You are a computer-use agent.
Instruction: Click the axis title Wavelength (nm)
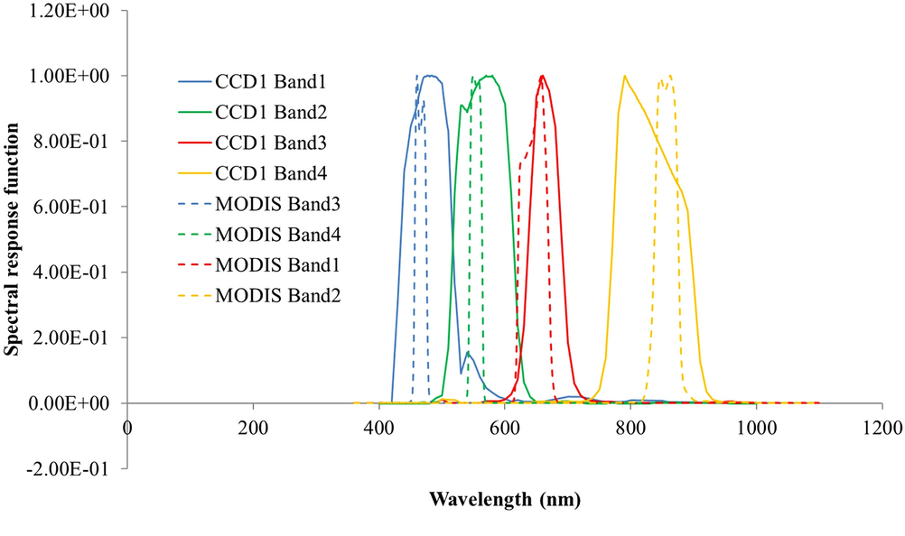(x=504, y=498)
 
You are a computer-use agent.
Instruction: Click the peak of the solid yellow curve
(x=624, y=76)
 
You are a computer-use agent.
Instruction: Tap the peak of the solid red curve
(x=542, y=76)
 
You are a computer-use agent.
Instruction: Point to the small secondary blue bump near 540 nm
(x=468, y=354)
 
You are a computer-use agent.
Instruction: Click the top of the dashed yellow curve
(x=669, y=76)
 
